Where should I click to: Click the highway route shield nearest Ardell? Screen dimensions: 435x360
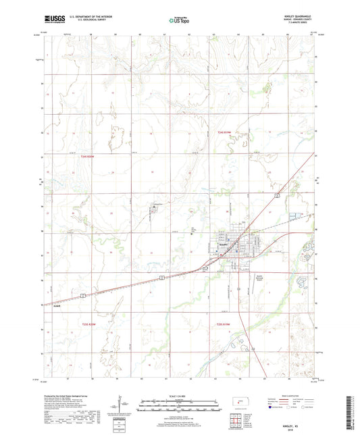pos(82,295)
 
